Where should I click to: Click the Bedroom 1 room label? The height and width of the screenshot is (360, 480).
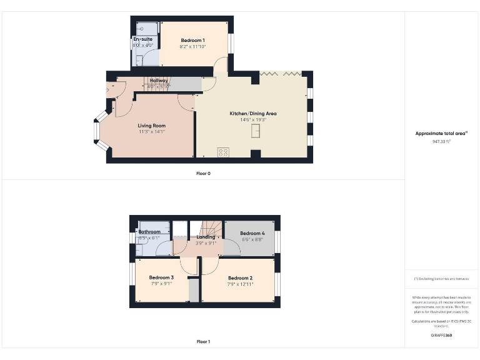pyautogui.click(x=193, y=40)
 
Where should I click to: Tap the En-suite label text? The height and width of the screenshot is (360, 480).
pyautogui.click(x=142, y=39)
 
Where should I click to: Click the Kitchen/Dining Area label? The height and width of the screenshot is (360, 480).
pyautogui.click(x=253, y=113)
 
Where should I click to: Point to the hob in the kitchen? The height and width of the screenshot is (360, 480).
pyautogui.click(x=223, y=152)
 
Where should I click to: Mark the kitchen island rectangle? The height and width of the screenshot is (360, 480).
pyautogui.click(x=256, y=131)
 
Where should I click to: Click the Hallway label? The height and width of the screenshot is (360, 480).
pyautogui.click(x=159, y=81)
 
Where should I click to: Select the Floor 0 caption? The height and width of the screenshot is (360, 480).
pyautogui.click(x=203, y=173)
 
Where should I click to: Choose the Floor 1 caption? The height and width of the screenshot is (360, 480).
pyautogui.click(x=203, y=342)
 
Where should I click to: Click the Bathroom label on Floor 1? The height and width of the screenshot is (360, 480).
pyautogui.click(x=149, y=232)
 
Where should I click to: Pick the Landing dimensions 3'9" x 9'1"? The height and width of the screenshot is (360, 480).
pyautogui.click(x=206, y=243)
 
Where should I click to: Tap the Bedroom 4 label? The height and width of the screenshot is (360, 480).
pyautogui.click(x=252, y=232)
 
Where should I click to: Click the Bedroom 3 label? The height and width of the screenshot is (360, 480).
pyautogui.click(x=161, y=277)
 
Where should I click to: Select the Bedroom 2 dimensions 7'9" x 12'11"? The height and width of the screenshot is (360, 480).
pyautogui.click(x=240, y=284)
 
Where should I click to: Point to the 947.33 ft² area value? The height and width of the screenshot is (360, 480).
pyautogui.click(x=442, y=141)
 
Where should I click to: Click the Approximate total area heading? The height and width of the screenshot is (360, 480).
pyautogui.click(x=441, y=133)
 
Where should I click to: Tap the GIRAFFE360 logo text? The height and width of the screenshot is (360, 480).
pyautogui.click(x=442, y=336)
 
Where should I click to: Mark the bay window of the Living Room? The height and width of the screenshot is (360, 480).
pyautogui.click(x=97, y=131)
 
